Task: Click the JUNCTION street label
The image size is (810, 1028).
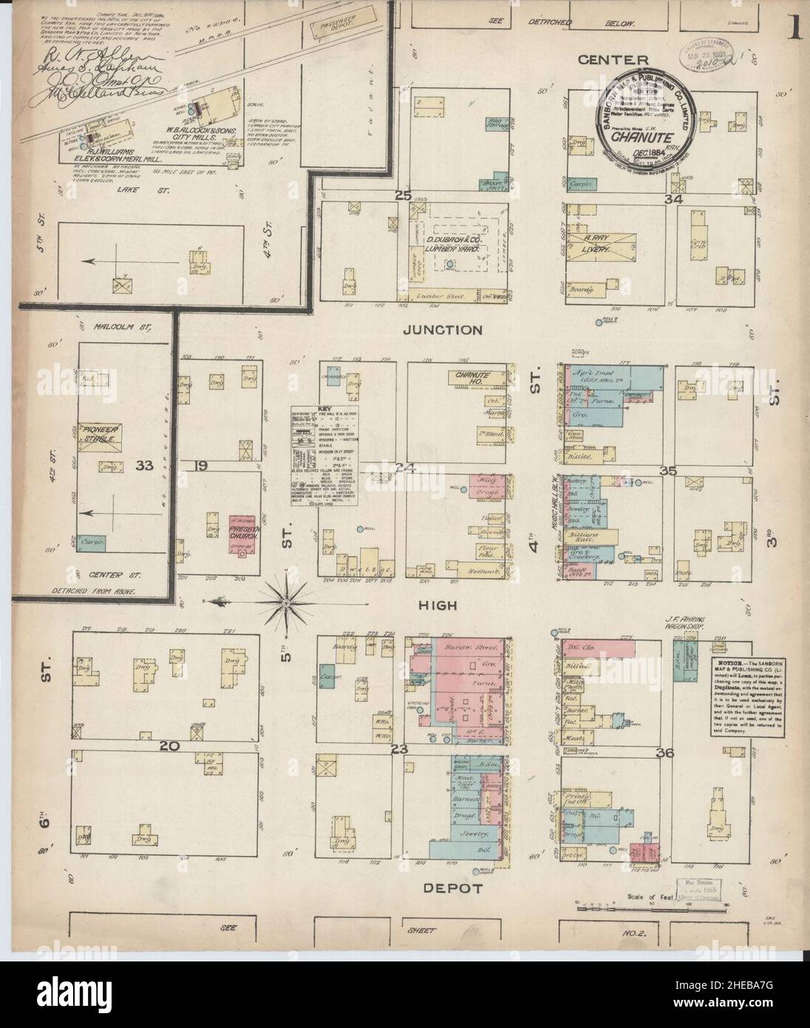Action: pyautogui.click(x=443, y=331)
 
